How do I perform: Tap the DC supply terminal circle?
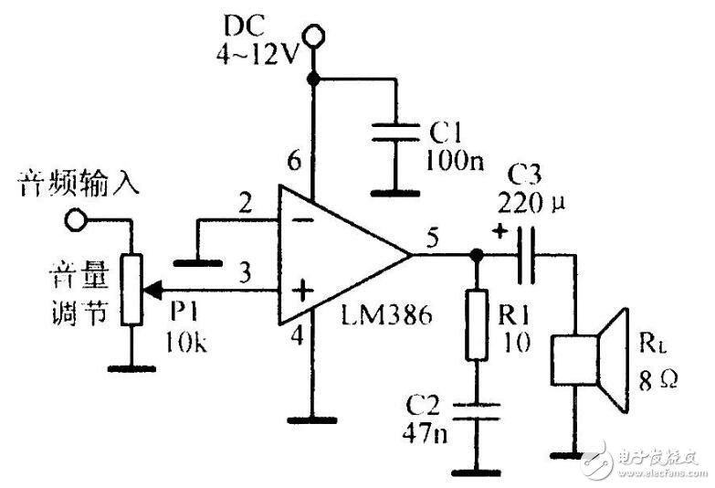click(315, 37)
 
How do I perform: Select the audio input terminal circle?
click(75, 220)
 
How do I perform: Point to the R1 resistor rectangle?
click(475, 325)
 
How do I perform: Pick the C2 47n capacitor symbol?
click(475, 408)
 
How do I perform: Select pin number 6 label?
click(294, 163)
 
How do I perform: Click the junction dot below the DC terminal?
click(315, 80)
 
